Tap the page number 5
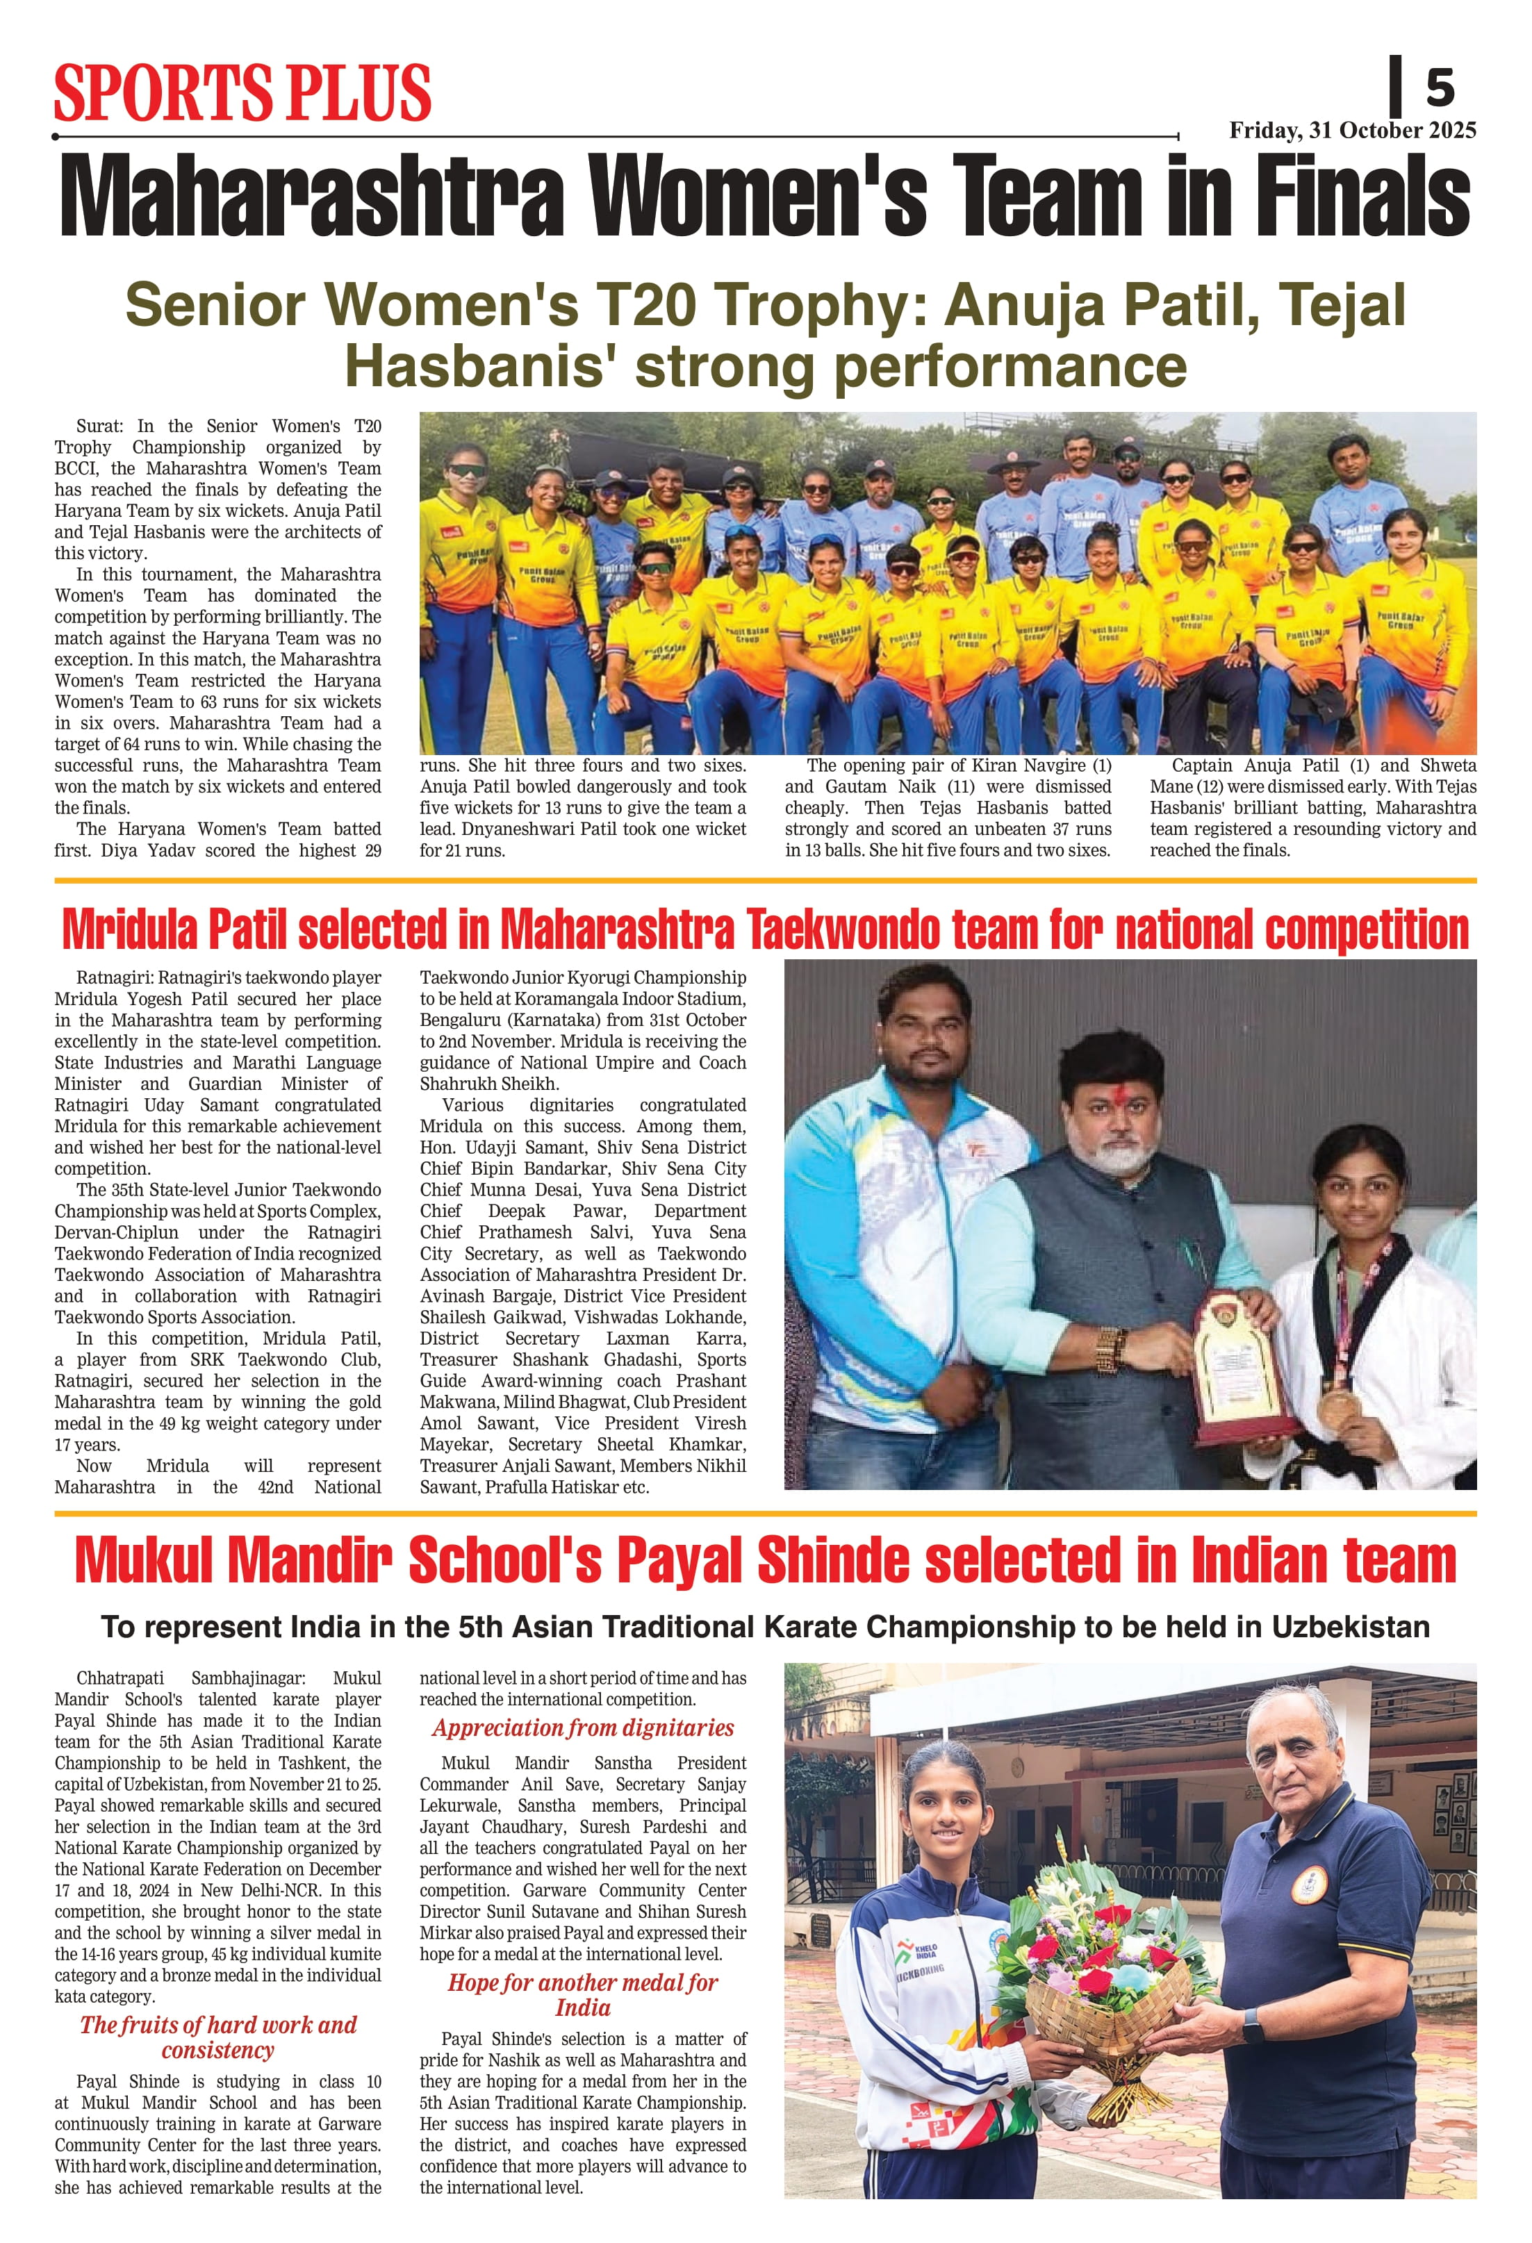[x=1440, y=89]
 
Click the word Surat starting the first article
[x=99, y=427]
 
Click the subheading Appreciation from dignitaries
[x=582, y=1728]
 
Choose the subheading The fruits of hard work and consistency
[x=218, y=2037]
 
